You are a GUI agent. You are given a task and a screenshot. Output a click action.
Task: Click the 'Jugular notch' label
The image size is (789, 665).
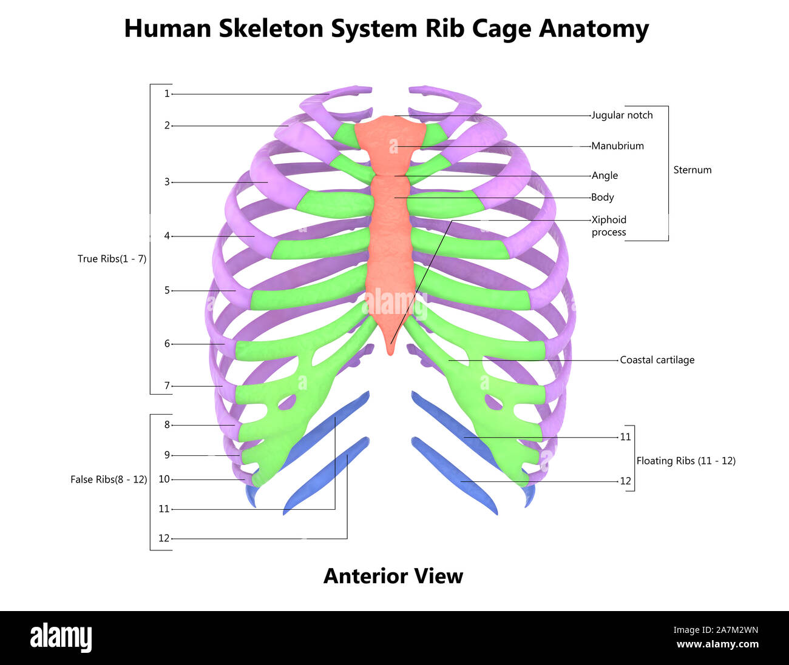[622, 115]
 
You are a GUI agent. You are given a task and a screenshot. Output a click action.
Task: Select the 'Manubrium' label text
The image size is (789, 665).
[617, 146]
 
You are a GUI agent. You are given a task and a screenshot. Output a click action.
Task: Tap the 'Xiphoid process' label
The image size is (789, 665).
[609, 226]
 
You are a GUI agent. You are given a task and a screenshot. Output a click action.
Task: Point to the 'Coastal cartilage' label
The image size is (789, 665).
[657, 360]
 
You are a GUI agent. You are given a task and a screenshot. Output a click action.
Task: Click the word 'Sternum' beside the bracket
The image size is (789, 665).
[692, 170]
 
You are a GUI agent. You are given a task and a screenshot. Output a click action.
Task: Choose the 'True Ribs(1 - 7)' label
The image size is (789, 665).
[112, 259]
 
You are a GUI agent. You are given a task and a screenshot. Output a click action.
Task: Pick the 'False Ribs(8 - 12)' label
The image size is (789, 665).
[109, 480]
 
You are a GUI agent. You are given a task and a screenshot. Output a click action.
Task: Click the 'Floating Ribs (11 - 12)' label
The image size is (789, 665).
[685, 461]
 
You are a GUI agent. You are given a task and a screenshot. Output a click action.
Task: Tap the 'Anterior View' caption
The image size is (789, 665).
[393, 576]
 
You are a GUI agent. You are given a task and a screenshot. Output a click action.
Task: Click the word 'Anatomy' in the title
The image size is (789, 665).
[594, 28]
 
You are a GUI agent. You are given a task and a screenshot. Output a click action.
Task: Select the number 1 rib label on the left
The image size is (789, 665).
[166, 94]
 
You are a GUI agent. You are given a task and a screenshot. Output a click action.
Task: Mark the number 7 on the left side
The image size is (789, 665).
[167, 386]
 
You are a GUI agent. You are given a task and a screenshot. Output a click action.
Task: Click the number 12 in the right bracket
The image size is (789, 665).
[625, 481]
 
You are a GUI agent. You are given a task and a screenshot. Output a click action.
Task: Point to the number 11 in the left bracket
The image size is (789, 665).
[164, 509]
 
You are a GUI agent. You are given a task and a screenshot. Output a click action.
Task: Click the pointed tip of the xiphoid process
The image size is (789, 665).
[390, 352]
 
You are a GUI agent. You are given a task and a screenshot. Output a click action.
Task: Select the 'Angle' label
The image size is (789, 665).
[604, 176]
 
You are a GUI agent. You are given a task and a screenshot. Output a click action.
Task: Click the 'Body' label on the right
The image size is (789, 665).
[603, 198]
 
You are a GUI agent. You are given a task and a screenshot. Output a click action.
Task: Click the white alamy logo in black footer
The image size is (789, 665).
[61, 638]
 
